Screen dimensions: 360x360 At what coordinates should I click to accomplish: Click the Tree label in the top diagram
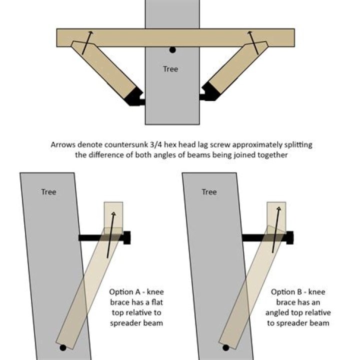tap(170, 69)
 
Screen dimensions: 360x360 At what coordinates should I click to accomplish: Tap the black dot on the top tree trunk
tap(172, 50)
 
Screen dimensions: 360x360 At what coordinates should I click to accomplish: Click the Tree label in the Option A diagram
tap(49, 192)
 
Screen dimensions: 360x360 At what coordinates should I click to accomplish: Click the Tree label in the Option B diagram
tap(209, 192)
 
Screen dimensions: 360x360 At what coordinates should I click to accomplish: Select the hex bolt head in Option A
tap(126, 237)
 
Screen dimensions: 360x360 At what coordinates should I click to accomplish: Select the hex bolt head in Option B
tap(289, 237)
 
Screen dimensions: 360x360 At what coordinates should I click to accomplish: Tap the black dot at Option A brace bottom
tap(62, 347)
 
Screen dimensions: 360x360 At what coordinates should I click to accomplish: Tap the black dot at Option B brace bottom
tap(225, 347)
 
